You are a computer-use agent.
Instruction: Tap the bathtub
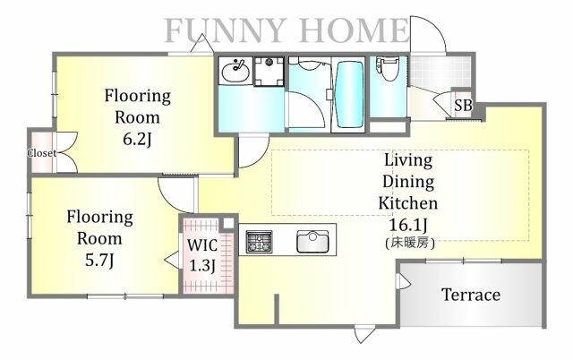pos(349,95)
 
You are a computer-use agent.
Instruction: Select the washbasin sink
pos(235,71)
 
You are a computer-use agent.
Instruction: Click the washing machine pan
pos(269,72)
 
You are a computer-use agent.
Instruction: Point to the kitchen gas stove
pos(259,242)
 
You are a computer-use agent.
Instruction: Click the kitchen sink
pos(312,241)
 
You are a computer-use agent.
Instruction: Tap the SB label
pos(463,106)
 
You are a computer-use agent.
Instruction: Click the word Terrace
pos(471,295)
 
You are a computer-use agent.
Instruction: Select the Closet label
pos(42,153)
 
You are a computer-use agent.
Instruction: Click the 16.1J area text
pos(408,225)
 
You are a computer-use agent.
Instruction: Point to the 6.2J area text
pos(137,139)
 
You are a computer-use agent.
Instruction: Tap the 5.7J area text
pos(99,261)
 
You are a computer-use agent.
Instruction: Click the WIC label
pos(202,245)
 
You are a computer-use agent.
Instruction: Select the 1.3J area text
pos(202,265)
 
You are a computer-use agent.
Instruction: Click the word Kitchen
pos(408,203)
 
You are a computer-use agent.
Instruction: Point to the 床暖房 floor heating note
pos(410,243)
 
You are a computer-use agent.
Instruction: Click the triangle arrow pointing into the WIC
pos(172,260)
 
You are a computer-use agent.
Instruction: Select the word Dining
pos(408,182)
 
